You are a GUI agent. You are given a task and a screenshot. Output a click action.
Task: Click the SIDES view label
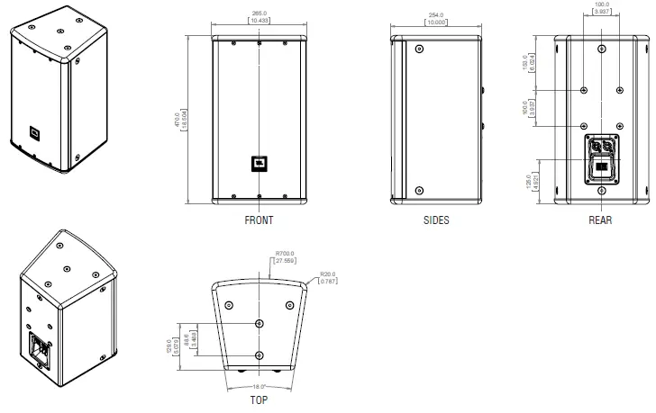coord(436,220)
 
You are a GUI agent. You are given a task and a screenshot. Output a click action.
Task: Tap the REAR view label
coord(600,220)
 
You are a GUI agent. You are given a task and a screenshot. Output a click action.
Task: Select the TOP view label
coord(258,400)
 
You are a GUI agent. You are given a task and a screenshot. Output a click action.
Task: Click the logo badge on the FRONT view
coord(258,163)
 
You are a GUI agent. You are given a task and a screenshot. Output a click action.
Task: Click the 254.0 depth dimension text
coord(436,16)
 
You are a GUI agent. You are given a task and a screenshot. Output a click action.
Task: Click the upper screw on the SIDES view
coord(420,50)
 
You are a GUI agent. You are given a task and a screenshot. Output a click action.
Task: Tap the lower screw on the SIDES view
coord(420,190)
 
